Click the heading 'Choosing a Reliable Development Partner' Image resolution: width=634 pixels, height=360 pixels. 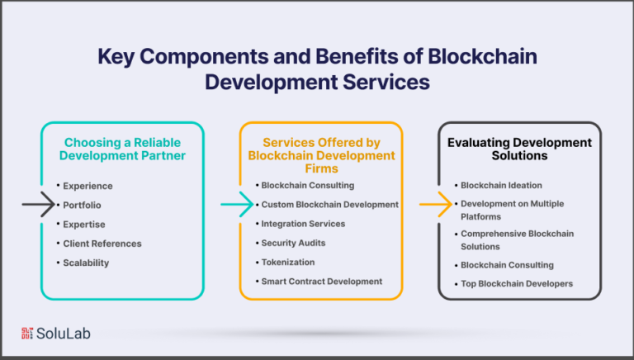click(122, 149)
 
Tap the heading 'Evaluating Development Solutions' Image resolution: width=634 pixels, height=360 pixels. click(519, 149)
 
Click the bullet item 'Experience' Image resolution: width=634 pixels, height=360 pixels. click(88, 186)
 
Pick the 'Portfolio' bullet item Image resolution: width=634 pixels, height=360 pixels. click(83, 205)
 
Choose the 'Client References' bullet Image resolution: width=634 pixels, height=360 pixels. click(102, 244)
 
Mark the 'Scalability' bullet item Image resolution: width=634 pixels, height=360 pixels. click(86, 263)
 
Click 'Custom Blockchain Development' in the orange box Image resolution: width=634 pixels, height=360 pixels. click(329, 204)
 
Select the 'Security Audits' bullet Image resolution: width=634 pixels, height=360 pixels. click(294, 243)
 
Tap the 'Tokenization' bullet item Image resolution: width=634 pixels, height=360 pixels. click(287, 262)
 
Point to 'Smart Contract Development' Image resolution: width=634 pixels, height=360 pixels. click(321, 281)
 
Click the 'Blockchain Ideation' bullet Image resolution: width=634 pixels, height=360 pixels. click(499, 185)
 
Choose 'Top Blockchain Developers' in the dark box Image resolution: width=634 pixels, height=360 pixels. click(517, 283)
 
